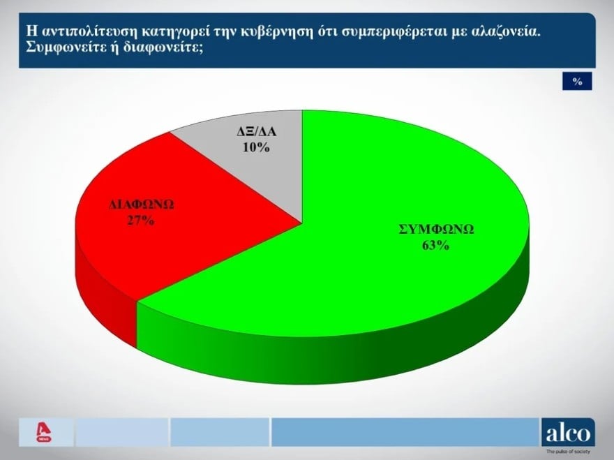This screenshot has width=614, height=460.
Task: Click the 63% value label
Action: pos(435,245)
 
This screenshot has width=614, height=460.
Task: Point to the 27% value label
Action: pos(141,221)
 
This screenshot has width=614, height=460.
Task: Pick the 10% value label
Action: pos(256,147)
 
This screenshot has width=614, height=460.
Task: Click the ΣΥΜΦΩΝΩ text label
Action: pos(436,229)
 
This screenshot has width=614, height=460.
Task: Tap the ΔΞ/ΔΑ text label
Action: pos(257,131)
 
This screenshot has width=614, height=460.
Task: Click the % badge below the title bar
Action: pos(577,81)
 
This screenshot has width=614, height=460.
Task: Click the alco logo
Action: pos(568,433)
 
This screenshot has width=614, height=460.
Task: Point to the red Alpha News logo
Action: pos(43,432)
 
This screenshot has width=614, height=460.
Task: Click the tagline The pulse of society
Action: pos(568,452)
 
